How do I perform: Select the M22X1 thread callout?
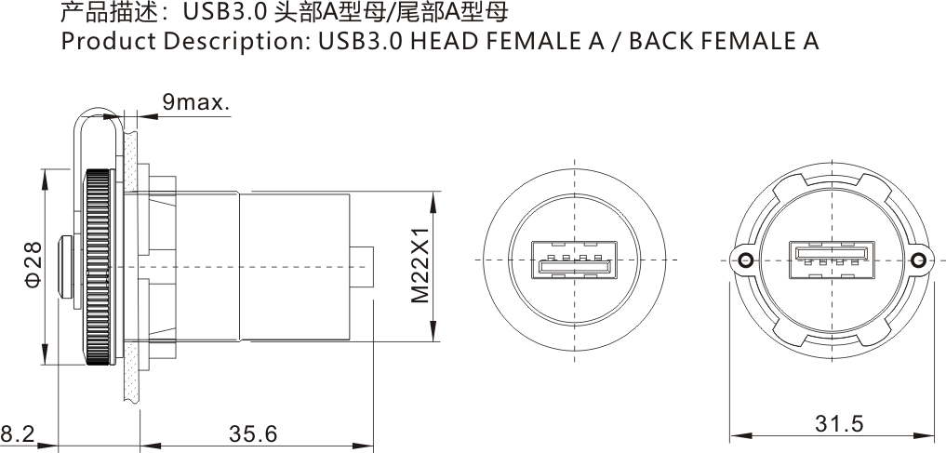tap(420, 265)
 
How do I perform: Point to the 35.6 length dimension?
tap(253, 434)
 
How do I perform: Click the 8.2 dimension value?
tap(17, 434)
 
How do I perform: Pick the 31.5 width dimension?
tap(839, 424)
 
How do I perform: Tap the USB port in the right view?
tap(832, 260)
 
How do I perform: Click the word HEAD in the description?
tap(446, 42)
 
